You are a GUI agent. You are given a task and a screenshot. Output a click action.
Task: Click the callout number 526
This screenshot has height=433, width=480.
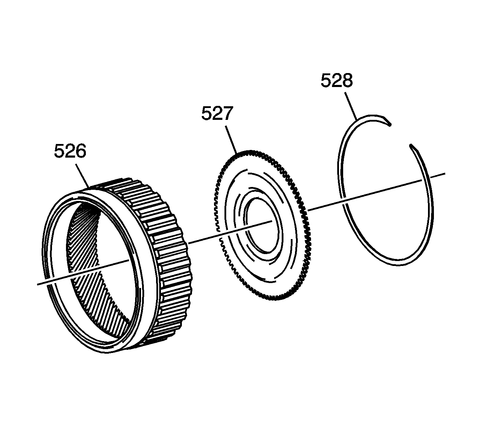point(70,152)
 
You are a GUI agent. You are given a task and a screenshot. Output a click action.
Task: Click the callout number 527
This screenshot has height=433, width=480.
point(217,114)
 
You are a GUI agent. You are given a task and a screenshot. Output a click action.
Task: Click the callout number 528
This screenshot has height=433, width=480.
point(337,80)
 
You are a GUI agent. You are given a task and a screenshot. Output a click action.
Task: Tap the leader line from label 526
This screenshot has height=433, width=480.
point(82,176)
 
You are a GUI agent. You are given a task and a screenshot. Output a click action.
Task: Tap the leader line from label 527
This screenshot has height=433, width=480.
point(231,139)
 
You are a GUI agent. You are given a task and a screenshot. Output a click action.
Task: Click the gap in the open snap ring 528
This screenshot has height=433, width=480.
point(401,135)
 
